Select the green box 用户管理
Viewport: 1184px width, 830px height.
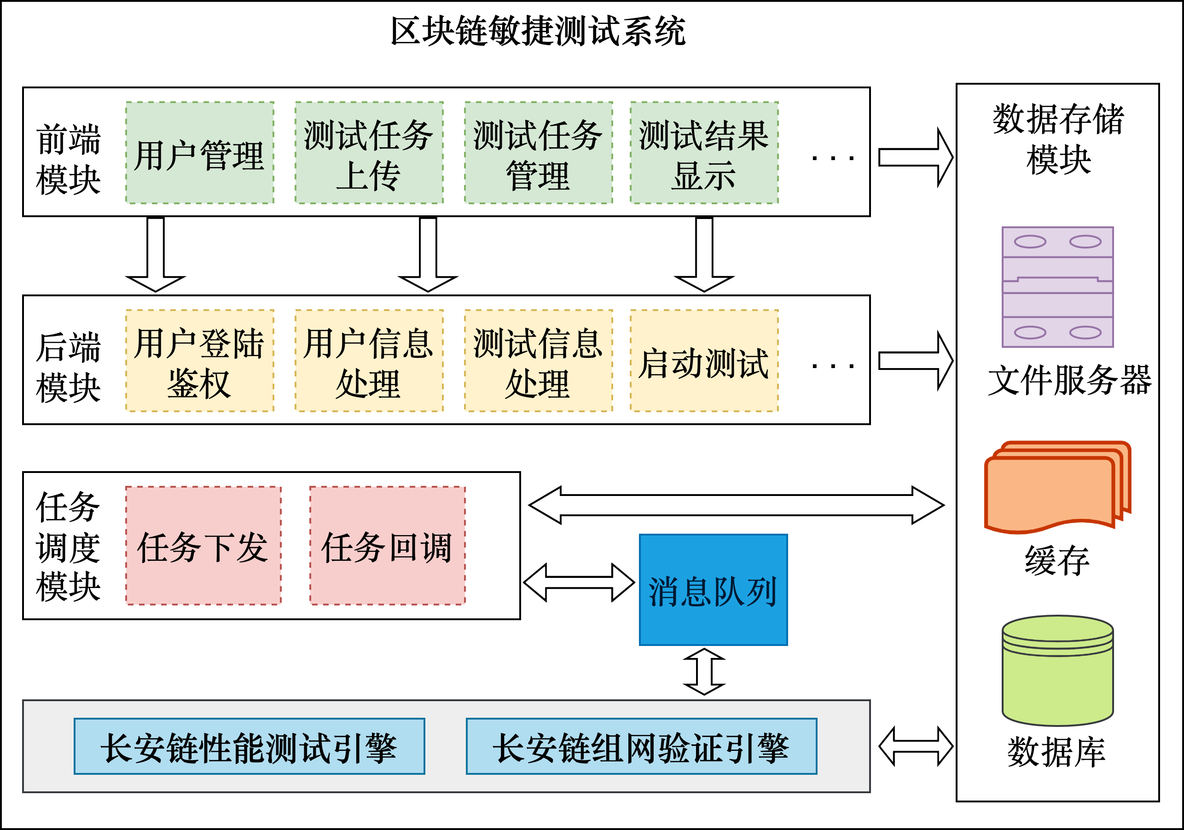(200, 153)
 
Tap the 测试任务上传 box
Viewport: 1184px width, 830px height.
(369, 153)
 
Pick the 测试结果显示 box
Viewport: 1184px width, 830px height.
(704, 153)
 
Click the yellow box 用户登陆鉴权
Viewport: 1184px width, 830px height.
(200, 361)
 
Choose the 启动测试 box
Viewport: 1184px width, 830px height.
(704, 361)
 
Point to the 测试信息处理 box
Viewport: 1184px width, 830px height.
(538, 361)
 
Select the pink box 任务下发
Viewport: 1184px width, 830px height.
(203, 545)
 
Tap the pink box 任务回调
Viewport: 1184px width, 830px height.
(387, 545)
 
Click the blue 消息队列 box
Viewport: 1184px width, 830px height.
(713, 590)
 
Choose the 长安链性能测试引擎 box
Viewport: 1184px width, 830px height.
(249, 746)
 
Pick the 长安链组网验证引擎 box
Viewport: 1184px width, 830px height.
(641, 746)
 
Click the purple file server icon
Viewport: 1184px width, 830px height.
(1058, 287)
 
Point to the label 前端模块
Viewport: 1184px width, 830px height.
(68, 159)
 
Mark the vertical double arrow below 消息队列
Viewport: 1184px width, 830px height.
(704, 672)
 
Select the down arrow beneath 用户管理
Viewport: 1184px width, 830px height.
(155, 255)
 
